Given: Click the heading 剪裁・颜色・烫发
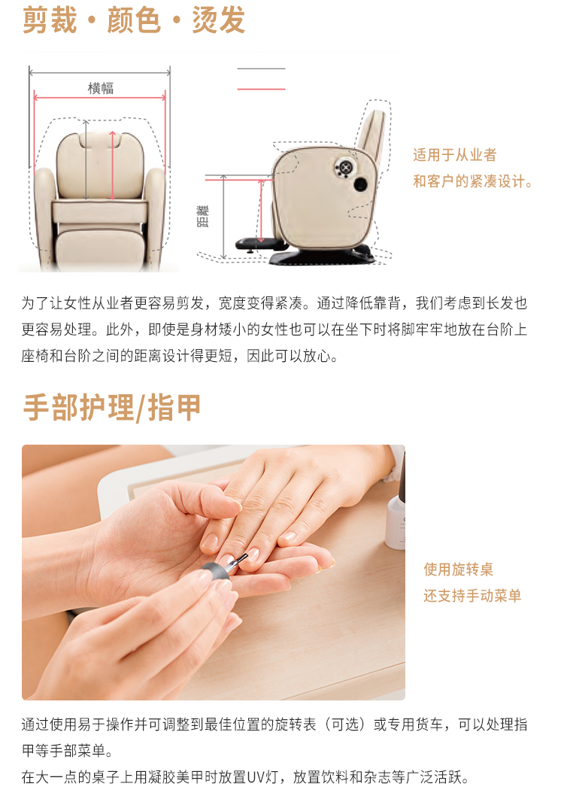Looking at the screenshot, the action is (134, 20).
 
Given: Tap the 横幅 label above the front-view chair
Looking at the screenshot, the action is (100, 88).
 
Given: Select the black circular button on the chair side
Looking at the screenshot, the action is (360, 184).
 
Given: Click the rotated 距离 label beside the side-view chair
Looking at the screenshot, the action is (202, 216).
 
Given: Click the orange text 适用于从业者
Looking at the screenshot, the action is (454, 154).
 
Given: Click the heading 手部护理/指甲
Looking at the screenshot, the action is (112, 408).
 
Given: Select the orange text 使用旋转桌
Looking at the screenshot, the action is (458, 570).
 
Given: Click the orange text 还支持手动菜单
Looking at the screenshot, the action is (472, 596).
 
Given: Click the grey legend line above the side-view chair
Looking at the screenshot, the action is (261, 68).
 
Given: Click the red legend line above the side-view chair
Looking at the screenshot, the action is (261, 90).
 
